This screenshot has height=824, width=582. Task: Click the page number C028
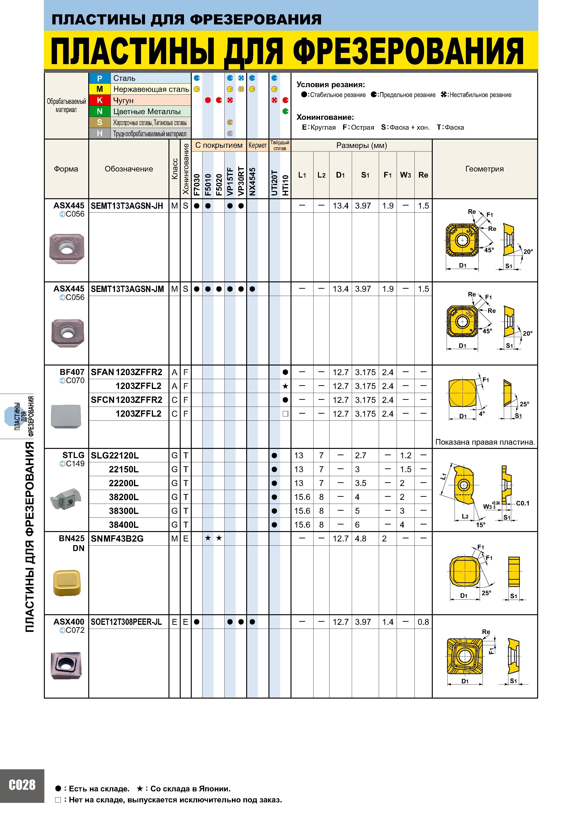point(22,795)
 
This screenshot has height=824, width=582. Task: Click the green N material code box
point(100,112)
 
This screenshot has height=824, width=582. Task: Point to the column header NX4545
point(253,182)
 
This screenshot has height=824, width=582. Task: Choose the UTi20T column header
point(274,183)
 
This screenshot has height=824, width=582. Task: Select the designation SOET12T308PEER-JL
point(126,622)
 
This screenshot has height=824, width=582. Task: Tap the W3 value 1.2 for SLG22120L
point(406,455)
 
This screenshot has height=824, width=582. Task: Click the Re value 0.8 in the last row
point(423,622)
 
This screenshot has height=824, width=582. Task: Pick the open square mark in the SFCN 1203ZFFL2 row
point(285,414)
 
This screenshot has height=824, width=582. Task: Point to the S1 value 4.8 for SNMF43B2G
point(361,539)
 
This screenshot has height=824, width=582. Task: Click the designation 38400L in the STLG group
point(124,525)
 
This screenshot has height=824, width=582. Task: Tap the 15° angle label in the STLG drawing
point(481,525)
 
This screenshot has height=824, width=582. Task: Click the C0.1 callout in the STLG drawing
point(522,503)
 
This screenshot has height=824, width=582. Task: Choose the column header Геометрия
point(484,169)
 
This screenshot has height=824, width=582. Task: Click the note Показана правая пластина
point(485,442)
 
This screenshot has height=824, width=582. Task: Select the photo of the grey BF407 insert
point(66,416)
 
